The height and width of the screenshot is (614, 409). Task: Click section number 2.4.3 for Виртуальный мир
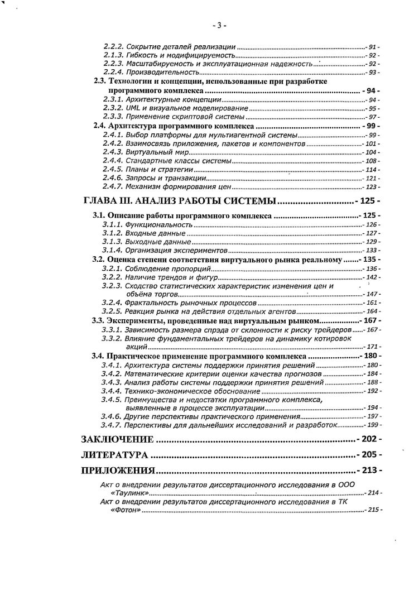coord(113,152)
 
